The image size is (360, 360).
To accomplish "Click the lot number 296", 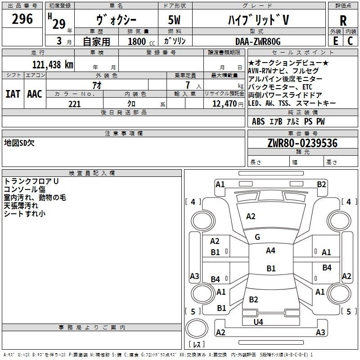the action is [x=22, y=19].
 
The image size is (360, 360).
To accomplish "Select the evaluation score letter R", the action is [x=343, y=20].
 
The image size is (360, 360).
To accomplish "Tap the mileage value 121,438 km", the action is [x=53, y=64].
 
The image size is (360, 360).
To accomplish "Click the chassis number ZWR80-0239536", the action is [x=302, y=143].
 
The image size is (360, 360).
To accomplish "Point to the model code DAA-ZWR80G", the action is [x=258, y=41].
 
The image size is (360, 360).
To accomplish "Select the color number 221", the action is [x=74, y=104].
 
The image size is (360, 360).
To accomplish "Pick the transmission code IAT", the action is [x=13, y=94].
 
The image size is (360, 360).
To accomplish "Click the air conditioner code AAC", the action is [x=35, y=94].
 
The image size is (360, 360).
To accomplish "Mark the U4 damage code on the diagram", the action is [x=258, y=322].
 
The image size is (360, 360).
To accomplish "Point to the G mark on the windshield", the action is [x=257, y=237].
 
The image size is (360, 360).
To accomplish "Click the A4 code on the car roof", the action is [x=270, y=251].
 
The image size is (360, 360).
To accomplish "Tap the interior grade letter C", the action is [x=350, y=41].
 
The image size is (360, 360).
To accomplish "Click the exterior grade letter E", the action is [x=335, y=41].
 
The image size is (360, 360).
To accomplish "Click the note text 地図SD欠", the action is [x=19, y=143].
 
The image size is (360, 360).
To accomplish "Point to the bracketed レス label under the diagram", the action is [x=197, y=345].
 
